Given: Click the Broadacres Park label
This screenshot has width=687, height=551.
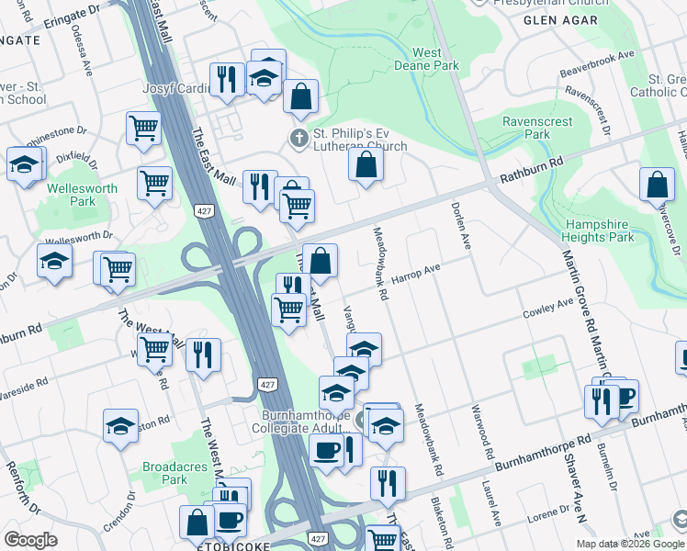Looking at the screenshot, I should click(x=164, y=473).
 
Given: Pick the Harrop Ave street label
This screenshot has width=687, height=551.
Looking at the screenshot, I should click(x=417, y=273).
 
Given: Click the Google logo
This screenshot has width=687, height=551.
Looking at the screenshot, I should click(x=31, y=539).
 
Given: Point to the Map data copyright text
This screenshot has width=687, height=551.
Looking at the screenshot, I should click(x=630, y=544).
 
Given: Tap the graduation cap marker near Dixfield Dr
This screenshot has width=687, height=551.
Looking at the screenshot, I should click(x=23, y=165).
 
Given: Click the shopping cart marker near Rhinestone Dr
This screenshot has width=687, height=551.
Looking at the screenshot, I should click(x=142, y=129).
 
